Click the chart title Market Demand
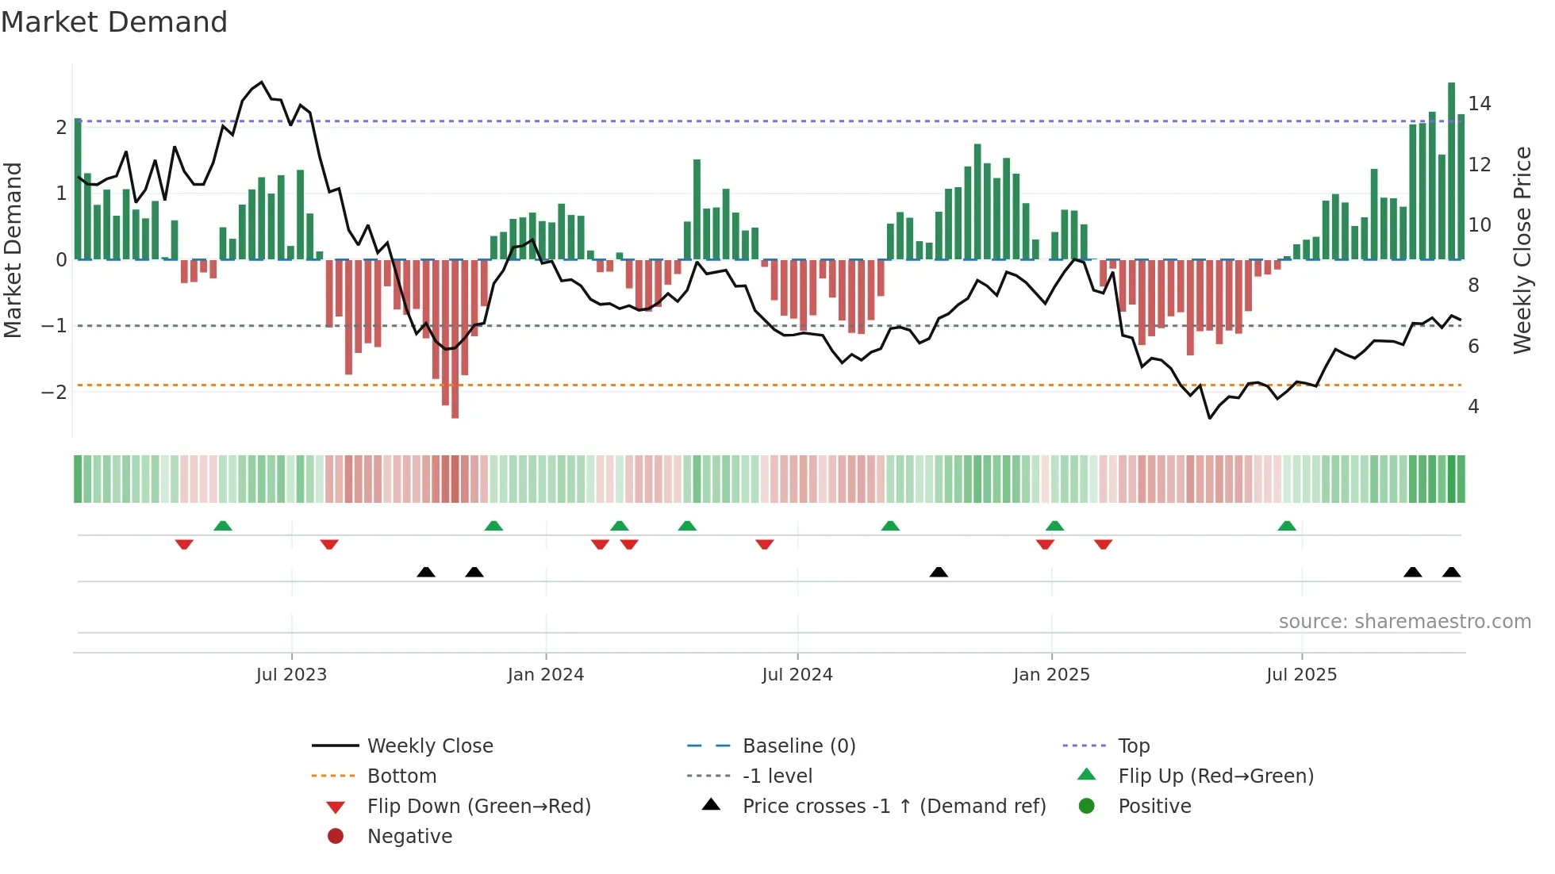[x=114, y=22]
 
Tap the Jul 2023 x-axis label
[x=291, y=675]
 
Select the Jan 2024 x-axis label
[x=546, y=675]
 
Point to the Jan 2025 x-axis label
[x=1051, y=675]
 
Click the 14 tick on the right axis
[x=1479, y=104]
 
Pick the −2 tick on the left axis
[x=54, y=393]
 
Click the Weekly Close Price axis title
[x=1522, y=250]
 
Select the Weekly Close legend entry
[x=429, y=746]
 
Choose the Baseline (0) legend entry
[x=798, y=746]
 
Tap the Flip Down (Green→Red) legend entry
[x=478, y=807]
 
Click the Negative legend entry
[x=409, y=837]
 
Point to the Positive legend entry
[x=1154, y=807]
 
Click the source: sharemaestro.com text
[x=1404, y=622]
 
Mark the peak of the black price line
[x=262, y=82]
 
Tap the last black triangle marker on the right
[x=1451, y=572]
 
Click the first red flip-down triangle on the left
[x=184, y=544]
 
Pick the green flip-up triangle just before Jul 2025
[x=1287, y=526]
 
